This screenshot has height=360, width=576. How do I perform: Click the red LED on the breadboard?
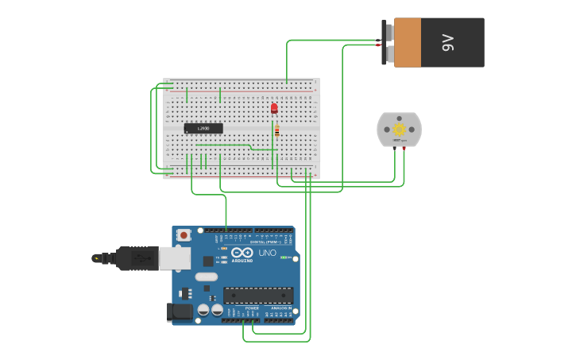[x=274, y=108]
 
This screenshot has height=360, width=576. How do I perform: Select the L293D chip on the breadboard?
[x=203, y=128]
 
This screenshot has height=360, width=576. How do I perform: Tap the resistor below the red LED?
[x=276, y=131]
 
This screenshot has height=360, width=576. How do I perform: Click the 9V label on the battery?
[x=447, y=42]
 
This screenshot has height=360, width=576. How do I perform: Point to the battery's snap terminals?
[x=387, y=42]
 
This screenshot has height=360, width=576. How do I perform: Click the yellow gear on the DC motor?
[x=399, y=130]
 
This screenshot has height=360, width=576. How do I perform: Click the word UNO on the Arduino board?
[x=268, y=254]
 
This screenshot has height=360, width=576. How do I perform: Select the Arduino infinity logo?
[x=242, y=254]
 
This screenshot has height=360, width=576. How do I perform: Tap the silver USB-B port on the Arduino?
[x=175, y=257]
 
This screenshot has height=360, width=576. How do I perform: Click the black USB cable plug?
[x=135, y=257]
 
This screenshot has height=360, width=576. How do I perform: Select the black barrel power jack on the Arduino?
[x=181, y=311]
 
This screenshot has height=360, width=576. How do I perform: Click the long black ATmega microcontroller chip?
[x=257, y=296]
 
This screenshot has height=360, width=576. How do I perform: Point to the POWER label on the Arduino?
[x=252, y=308]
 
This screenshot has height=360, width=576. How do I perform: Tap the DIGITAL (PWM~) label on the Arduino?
[x=264, y=242]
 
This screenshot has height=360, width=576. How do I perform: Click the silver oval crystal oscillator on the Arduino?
[x=206, y=277]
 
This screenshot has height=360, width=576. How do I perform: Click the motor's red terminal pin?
[x=404, y=149]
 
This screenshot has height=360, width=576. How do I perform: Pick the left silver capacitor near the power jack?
[x=203, y=310]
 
